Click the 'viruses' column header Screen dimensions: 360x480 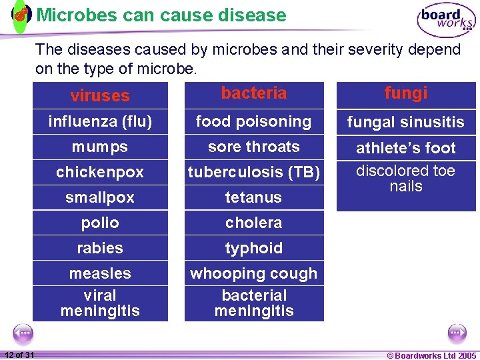pos(100,95)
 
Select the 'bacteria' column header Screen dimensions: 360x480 pos(254,93)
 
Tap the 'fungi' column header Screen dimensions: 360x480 pos(406,93)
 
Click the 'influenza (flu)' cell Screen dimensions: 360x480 pos(100,121)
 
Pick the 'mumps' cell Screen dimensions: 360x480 pos(100,147)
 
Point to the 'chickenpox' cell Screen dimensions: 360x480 pos(100,172)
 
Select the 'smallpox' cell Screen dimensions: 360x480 pos(100,197)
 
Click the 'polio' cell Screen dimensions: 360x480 pos(100,223)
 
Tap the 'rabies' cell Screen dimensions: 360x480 pos(100,248)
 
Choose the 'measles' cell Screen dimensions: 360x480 pos(100,273)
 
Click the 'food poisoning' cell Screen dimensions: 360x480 pos(254,121)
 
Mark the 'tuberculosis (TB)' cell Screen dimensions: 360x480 pos(254,172)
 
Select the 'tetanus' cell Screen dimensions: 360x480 pos(254,197)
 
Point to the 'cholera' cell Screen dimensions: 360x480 pos(254,223)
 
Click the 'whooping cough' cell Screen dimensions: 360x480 pos(254,273)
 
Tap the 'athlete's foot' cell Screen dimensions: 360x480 pos(406,148)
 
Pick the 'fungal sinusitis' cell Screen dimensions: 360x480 pos(406,122)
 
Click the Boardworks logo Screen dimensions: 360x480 pos(446,19)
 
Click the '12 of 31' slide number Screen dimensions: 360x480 pos(19,355)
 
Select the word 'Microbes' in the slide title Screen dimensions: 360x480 pos(73,15)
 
